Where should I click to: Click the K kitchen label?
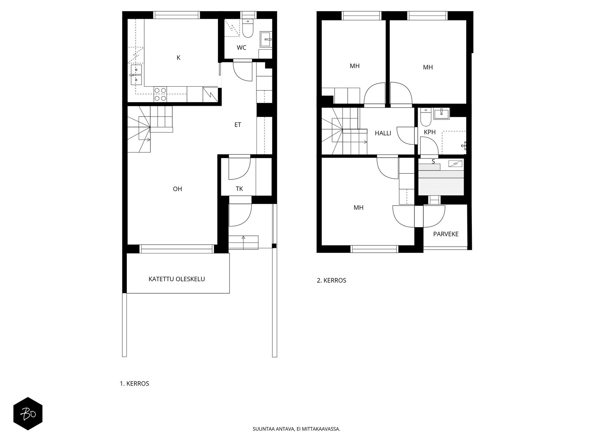pos(178,58)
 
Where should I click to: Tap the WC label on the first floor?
pos(241,48)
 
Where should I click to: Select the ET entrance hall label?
pos(238,125)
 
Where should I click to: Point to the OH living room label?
pos(178,189)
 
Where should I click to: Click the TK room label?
pos(239,189)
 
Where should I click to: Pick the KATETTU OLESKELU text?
pos(177,279)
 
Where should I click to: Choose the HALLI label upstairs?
pos(383,133)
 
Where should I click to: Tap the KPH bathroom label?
pos(430,132)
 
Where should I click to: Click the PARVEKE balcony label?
pos(446,234)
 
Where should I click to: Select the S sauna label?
pos(433,161)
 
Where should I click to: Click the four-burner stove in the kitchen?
pos(160,94)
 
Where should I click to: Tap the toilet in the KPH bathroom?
pos(426,118)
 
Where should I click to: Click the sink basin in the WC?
pos(266,39)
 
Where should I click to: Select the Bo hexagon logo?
pos(28,414)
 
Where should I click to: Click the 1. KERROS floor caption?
pos(135,384)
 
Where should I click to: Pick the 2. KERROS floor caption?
pos(331,280)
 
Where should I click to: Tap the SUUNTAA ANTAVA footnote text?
pos(296,429)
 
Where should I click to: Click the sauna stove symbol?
pos(455,163)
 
